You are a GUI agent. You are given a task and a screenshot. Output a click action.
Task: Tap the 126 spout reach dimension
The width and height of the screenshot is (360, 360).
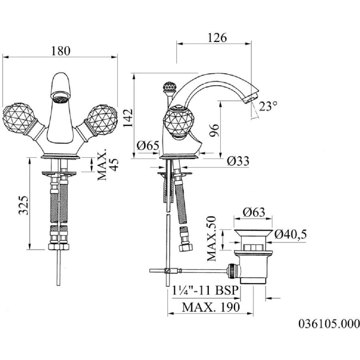pos(217,38)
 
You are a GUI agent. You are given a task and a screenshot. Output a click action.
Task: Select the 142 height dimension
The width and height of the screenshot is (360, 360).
pos(128,118)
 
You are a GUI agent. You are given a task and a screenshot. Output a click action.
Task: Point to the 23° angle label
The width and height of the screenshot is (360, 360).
pos(268,106)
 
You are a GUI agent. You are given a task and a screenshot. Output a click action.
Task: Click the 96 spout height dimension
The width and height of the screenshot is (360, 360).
pos(215,130)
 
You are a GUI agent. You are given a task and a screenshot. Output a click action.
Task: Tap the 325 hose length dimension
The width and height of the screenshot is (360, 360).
pos(24,205)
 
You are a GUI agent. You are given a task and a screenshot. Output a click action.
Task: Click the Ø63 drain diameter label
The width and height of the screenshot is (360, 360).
pos(254,212)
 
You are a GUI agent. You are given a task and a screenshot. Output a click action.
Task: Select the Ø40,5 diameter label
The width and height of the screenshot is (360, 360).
pos(291,234)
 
